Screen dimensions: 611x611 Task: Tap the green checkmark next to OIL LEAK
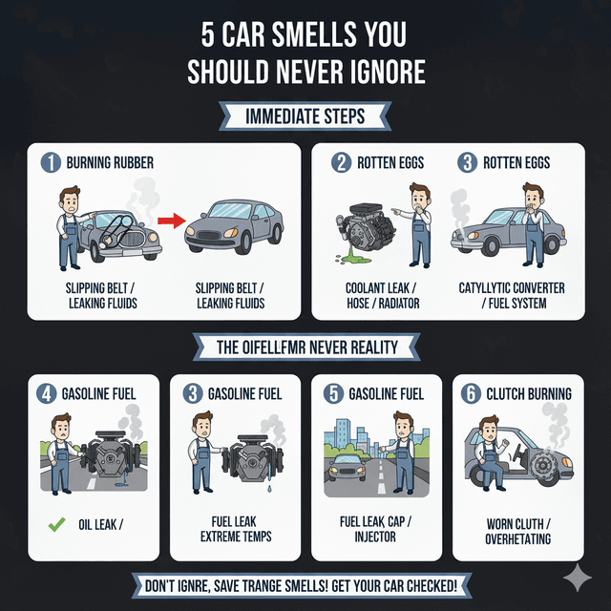click(58, 524)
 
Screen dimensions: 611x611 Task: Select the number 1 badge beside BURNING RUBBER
click(51, 163)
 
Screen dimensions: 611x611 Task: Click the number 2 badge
click(342, 163)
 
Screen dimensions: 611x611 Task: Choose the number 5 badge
click(331, 393)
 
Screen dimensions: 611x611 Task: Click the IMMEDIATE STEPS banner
click(305, 116)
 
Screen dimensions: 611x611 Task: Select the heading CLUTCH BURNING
click(530, 393)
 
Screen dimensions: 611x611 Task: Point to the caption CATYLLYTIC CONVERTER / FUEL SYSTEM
click(511, 295)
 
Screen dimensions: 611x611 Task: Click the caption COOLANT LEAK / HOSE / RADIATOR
click(380, 295)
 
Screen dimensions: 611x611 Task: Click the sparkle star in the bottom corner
click(577, 578)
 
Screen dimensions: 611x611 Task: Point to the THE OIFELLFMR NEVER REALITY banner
click(305, 347)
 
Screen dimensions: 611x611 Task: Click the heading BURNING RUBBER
click(110, 163)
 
